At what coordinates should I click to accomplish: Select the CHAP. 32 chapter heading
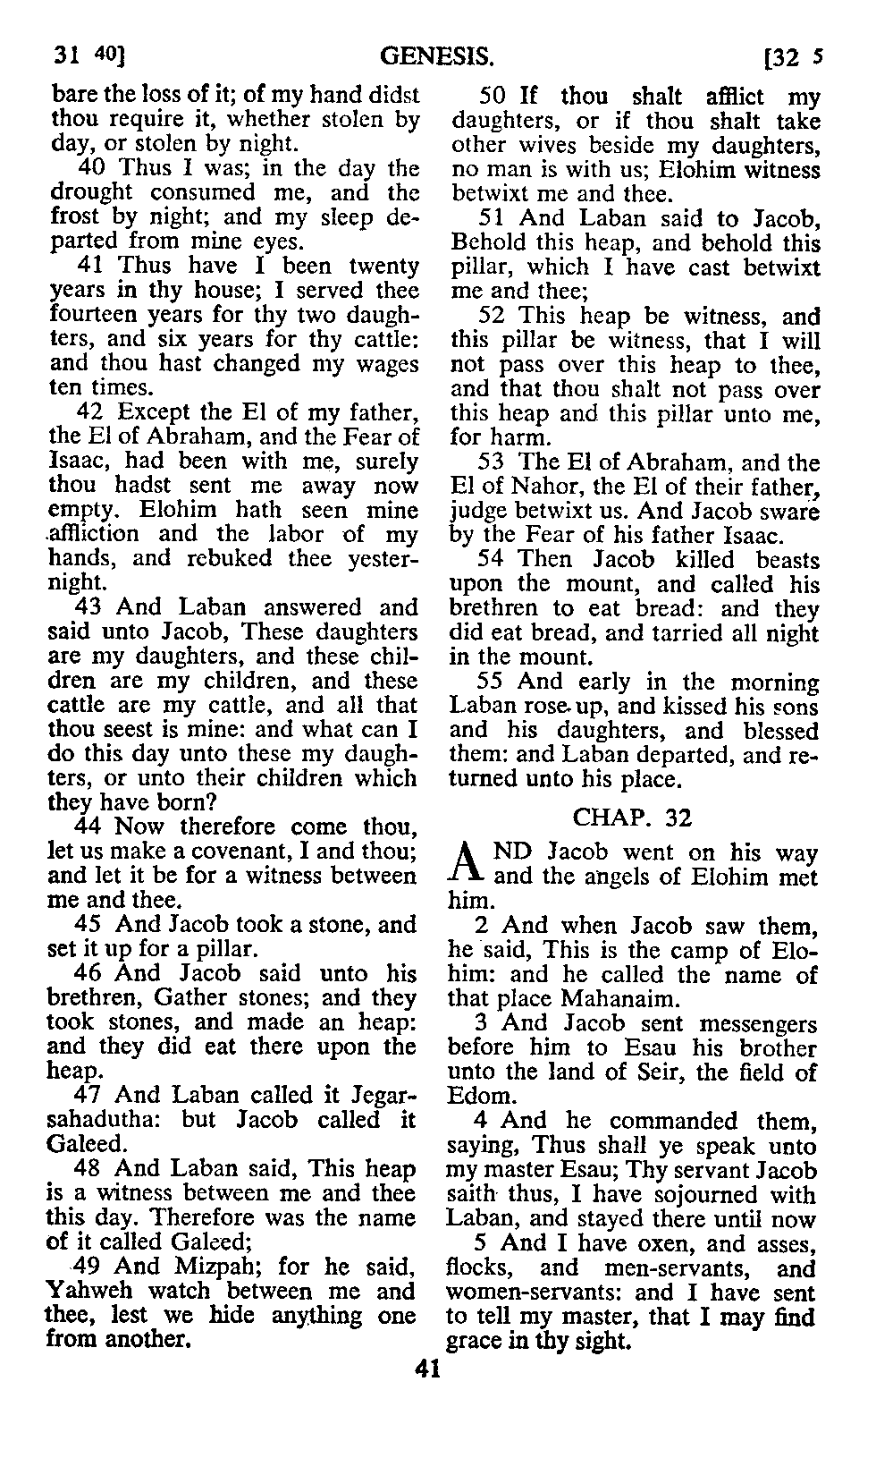coord(632,817)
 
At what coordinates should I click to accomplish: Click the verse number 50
coord(493,96)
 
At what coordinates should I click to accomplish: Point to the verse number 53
coord(493,462)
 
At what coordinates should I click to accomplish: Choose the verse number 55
coord(493,682)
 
